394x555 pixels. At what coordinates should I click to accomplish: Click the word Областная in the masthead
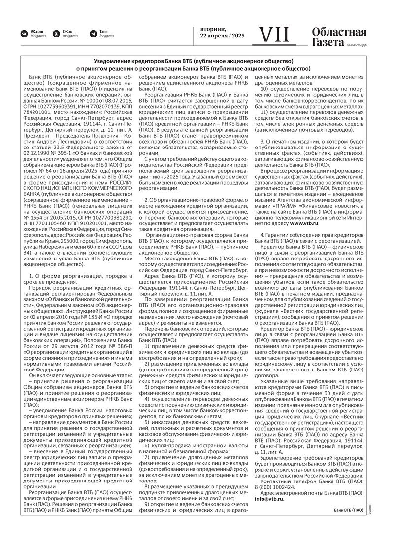coord(339,32)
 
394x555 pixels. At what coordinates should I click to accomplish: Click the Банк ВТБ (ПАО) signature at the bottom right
coord(349,509)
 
